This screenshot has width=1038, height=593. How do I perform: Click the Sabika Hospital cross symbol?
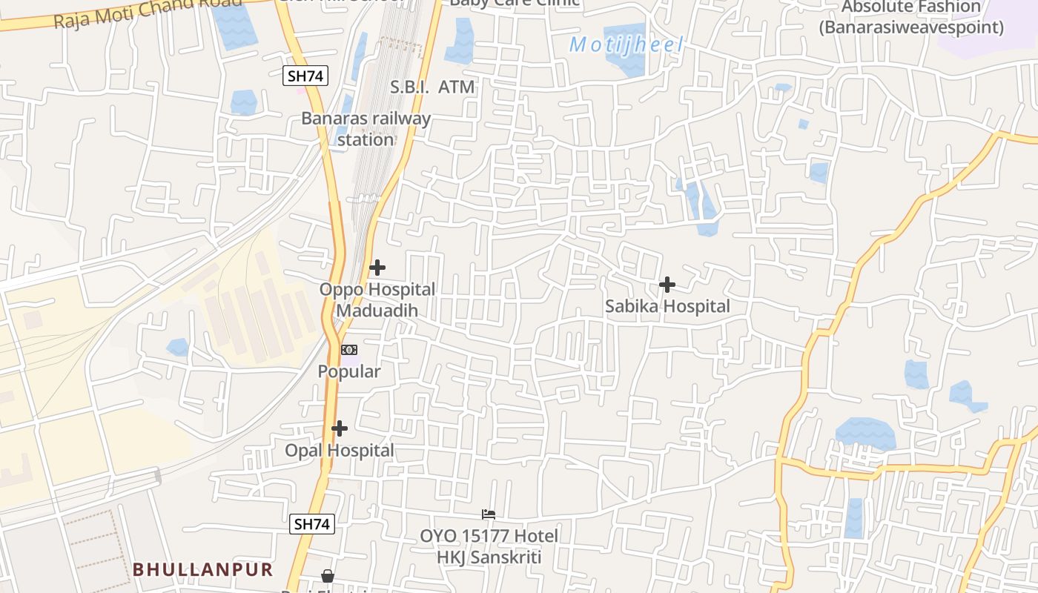[x=667, y=285]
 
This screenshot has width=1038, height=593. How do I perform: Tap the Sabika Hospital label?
[x=667, y=306]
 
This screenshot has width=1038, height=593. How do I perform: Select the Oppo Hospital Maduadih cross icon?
[x=377, y=268]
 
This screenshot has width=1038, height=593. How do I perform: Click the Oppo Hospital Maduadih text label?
[x=377, y=299]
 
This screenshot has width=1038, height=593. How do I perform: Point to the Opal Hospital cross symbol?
[x=340, y=428]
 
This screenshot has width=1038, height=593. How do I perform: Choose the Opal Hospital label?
[x=340, y=451]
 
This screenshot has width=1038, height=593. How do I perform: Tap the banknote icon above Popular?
[x=348, y=350]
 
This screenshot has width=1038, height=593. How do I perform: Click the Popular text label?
[x=349, y=371]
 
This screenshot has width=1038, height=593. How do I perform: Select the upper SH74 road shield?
[x=305, y=75]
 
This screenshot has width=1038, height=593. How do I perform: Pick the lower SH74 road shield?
[x=311, y=524]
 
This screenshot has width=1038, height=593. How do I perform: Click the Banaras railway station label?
[x=366, y=129]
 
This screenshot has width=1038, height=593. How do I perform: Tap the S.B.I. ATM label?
[x=432, y=87]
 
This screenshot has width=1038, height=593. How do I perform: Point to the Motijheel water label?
[x=626, y=44]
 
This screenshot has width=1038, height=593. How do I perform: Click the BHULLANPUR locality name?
[x=203, y=569]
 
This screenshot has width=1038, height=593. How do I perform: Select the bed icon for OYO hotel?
[x=488, y=514]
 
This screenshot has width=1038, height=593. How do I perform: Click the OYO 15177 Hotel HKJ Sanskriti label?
[x=489, y=546]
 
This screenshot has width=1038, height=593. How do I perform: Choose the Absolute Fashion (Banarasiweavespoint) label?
[x=911, y=18]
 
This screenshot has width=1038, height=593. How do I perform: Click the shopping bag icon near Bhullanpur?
[x=328, y=576]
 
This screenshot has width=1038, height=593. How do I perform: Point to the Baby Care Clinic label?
[x=515, y=2]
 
